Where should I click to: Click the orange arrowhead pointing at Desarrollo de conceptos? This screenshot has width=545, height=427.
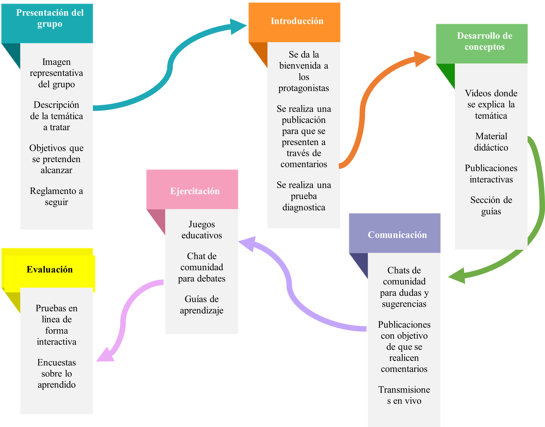[x=422, y=58]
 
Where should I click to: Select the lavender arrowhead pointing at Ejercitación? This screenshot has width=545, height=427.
[x=248, y=243]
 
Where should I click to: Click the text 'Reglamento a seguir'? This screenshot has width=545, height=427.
[x=56, y=196]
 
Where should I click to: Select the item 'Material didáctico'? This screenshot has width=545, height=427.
[x=491, y=142]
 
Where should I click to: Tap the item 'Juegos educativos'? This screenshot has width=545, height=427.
[x=202, y=230]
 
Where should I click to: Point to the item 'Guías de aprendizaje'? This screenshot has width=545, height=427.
[x=202, y=305]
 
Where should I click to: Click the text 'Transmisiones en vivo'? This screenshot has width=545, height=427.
[x=404, y=395]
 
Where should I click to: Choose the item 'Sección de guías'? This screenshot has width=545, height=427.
[x=491, y=205]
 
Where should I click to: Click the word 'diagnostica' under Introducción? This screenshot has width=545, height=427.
[x=304, y=207]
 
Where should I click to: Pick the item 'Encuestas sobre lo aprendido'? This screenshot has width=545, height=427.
[x=56, y=374]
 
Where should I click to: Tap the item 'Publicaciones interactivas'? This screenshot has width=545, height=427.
[x=491, y=174]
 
